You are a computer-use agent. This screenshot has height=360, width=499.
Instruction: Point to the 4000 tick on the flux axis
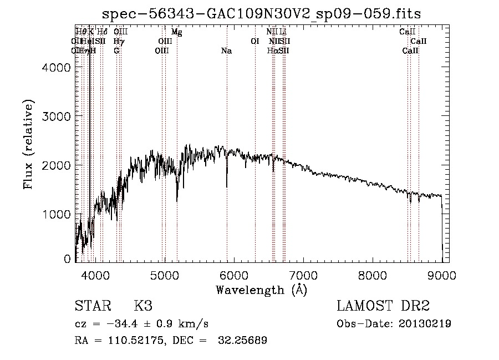(x=57, y=68)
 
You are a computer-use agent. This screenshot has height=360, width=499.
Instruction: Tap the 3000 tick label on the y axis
(x=57, y=116)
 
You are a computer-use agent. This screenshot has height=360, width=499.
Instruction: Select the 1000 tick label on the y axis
(x=57, y=214)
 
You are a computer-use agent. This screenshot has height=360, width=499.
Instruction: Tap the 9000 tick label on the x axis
(x=441, y=275)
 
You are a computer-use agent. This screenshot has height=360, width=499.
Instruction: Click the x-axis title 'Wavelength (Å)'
(x=261, y=290)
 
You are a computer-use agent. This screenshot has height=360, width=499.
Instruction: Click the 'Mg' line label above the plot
(x=176, y=32)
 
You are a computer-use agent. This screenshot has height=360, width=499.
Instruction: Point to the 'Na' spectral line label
(x=226, y=51)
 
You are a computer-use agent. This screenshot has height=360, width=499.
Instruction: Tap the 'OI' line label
(x=255, y=42)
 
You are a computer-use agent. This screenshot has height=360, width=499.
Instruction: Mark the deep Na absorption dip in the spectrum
(x=226, y=186)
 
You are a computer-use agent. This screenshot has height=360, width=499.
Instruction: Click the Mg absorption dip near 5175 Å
(x=177, y=200)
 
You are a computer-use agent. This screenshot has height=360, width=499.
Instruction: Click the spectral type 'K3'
(x=143, y=306)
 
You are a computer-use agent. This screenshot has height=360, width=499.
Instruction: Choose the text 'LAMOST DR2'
(x=383, y=306)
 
